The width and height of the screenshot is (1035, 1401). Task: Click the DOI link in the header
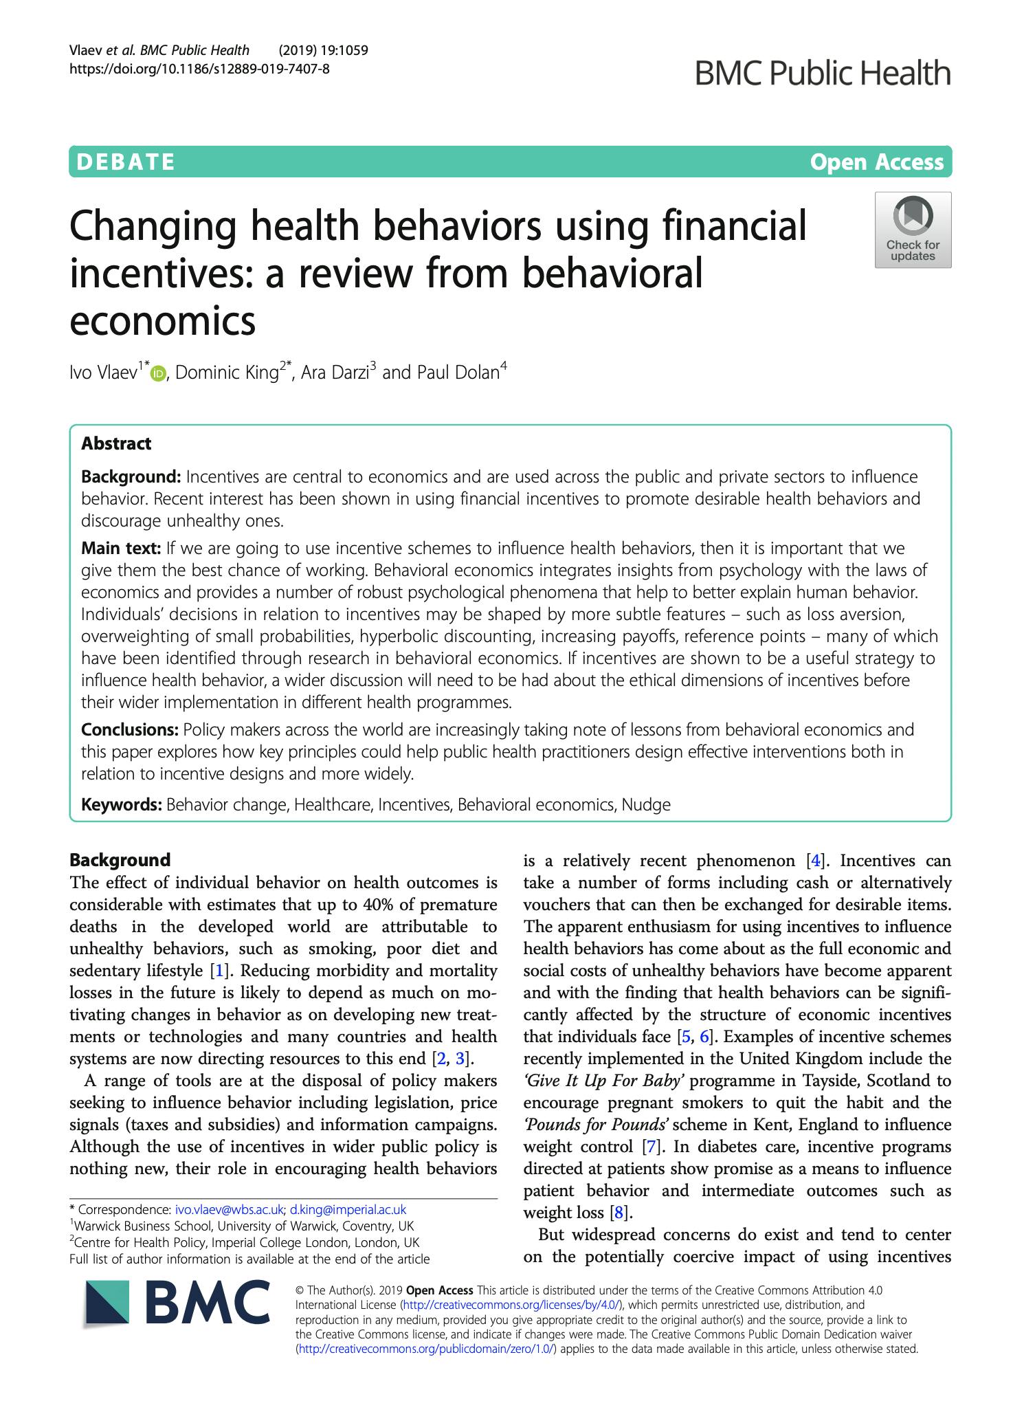199,68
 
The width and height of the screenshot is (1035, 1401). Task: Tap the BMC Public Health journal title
823,73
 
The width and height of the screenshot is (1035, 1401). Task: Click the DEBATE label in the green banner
126,162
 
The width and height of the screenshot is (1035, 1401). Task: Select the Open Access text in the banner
876,162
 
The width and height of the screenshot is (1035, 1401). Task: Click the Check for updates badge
913,230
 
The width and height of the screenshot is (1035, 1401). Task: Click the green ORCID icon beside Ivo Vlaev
159,374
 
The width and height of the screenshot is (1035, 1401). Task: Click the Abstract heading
116,443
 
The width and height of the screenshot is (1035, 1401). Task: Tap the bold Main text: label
121,548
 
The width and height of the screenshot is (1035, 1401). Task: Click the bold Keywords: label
122,804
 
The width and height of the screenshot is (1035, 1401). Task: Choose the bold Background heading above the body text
120,860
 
